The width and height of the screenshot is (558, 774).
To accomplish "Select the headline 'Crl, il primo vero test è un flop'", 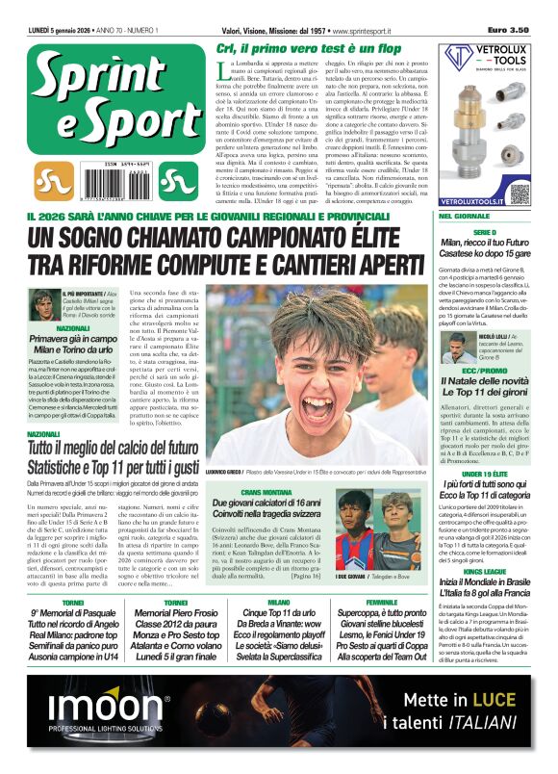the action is (x=308, y=49).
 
